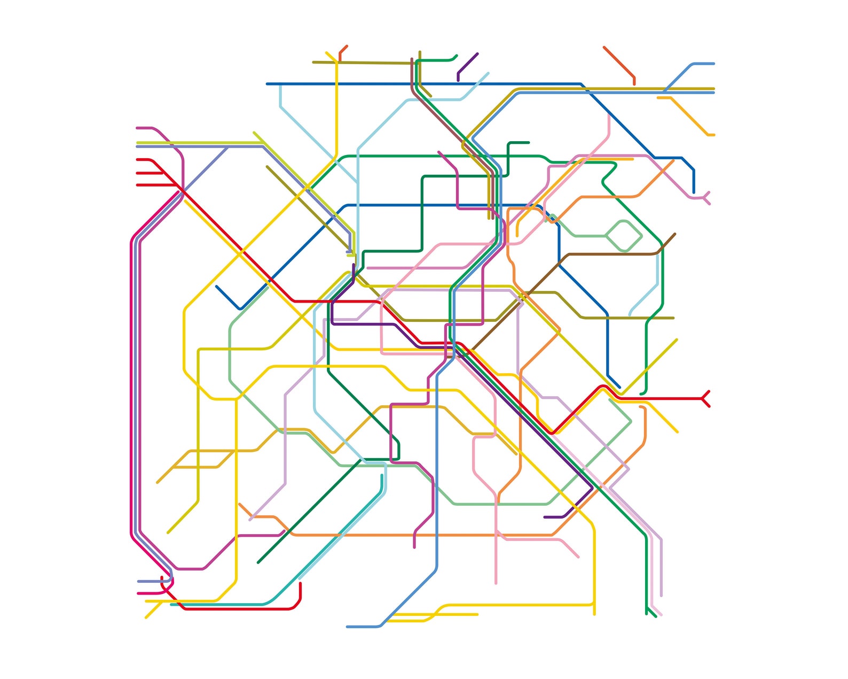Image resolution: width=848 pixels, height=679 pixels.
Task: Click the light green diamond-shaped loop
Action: (x=624, y=236)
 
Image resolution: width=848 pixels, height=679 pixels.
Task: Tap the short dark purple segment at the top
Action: (x=467, y=65)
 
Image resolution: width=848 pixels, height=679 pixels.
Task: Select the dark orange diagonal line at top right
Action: (x=619, y=62)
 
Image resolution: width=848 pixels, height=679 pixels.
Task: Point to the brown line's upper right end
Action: (x=674, y=234)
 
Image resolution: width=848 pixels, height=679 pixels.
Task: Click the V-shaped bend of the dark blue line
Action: (x=241, y=308)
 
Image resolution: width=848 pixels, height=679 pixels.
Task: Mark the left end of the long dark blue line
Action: (x=268, y=84)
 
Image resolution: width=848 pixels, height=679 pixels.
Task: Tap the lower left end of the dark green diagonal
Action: (x=258, y=562)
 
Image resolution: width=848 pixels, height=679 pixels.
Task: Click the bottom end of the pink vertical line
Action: (x=496, y=583)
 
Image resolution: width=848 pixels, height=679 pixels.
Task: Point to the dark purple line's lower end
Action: (x=545, y=517)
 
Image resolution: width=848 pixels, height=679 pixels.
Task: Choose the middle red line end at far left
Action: (x=138, y=173)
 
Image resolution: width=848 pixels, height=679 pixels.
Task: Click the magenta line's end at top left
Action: (x=138, y=128)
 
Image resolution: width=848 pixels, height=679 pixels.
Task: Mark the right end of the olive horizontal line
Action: (x=673, y=318)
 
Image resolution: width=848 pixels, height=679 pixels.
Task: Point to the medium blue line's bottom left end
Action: (x=348, y=627)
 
